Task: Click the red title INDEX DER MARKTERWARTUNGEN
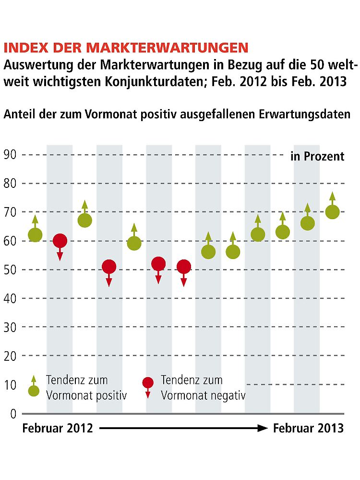tap(126, 48)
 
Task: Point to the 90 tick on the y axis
tap(10, 155)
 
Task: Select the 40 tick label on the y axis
tap(10, 298)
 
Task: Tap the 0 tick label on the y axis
tap(13, 413)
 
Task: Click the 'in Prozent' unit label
tap(317, 156)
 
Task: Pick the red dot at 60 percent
tap(60, 241)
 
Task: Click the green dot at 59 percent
tap(134, 244)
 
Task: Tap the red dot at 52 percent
tap(158, 264)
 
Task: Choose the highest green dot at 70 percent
tap(332, 212)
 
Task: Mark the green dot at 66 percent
tap(308, 223)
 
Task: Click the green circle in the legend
tap(34, 391)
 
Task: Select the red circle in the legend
tap(148, 382)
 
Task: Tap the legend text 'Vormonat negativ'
tap(203, 395)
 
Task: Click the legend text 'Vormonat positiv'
tap(86, 395)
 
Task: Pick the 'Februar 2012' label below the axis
tap(58, 428)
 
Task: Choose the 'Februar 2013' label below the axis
tap(308, 428)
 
